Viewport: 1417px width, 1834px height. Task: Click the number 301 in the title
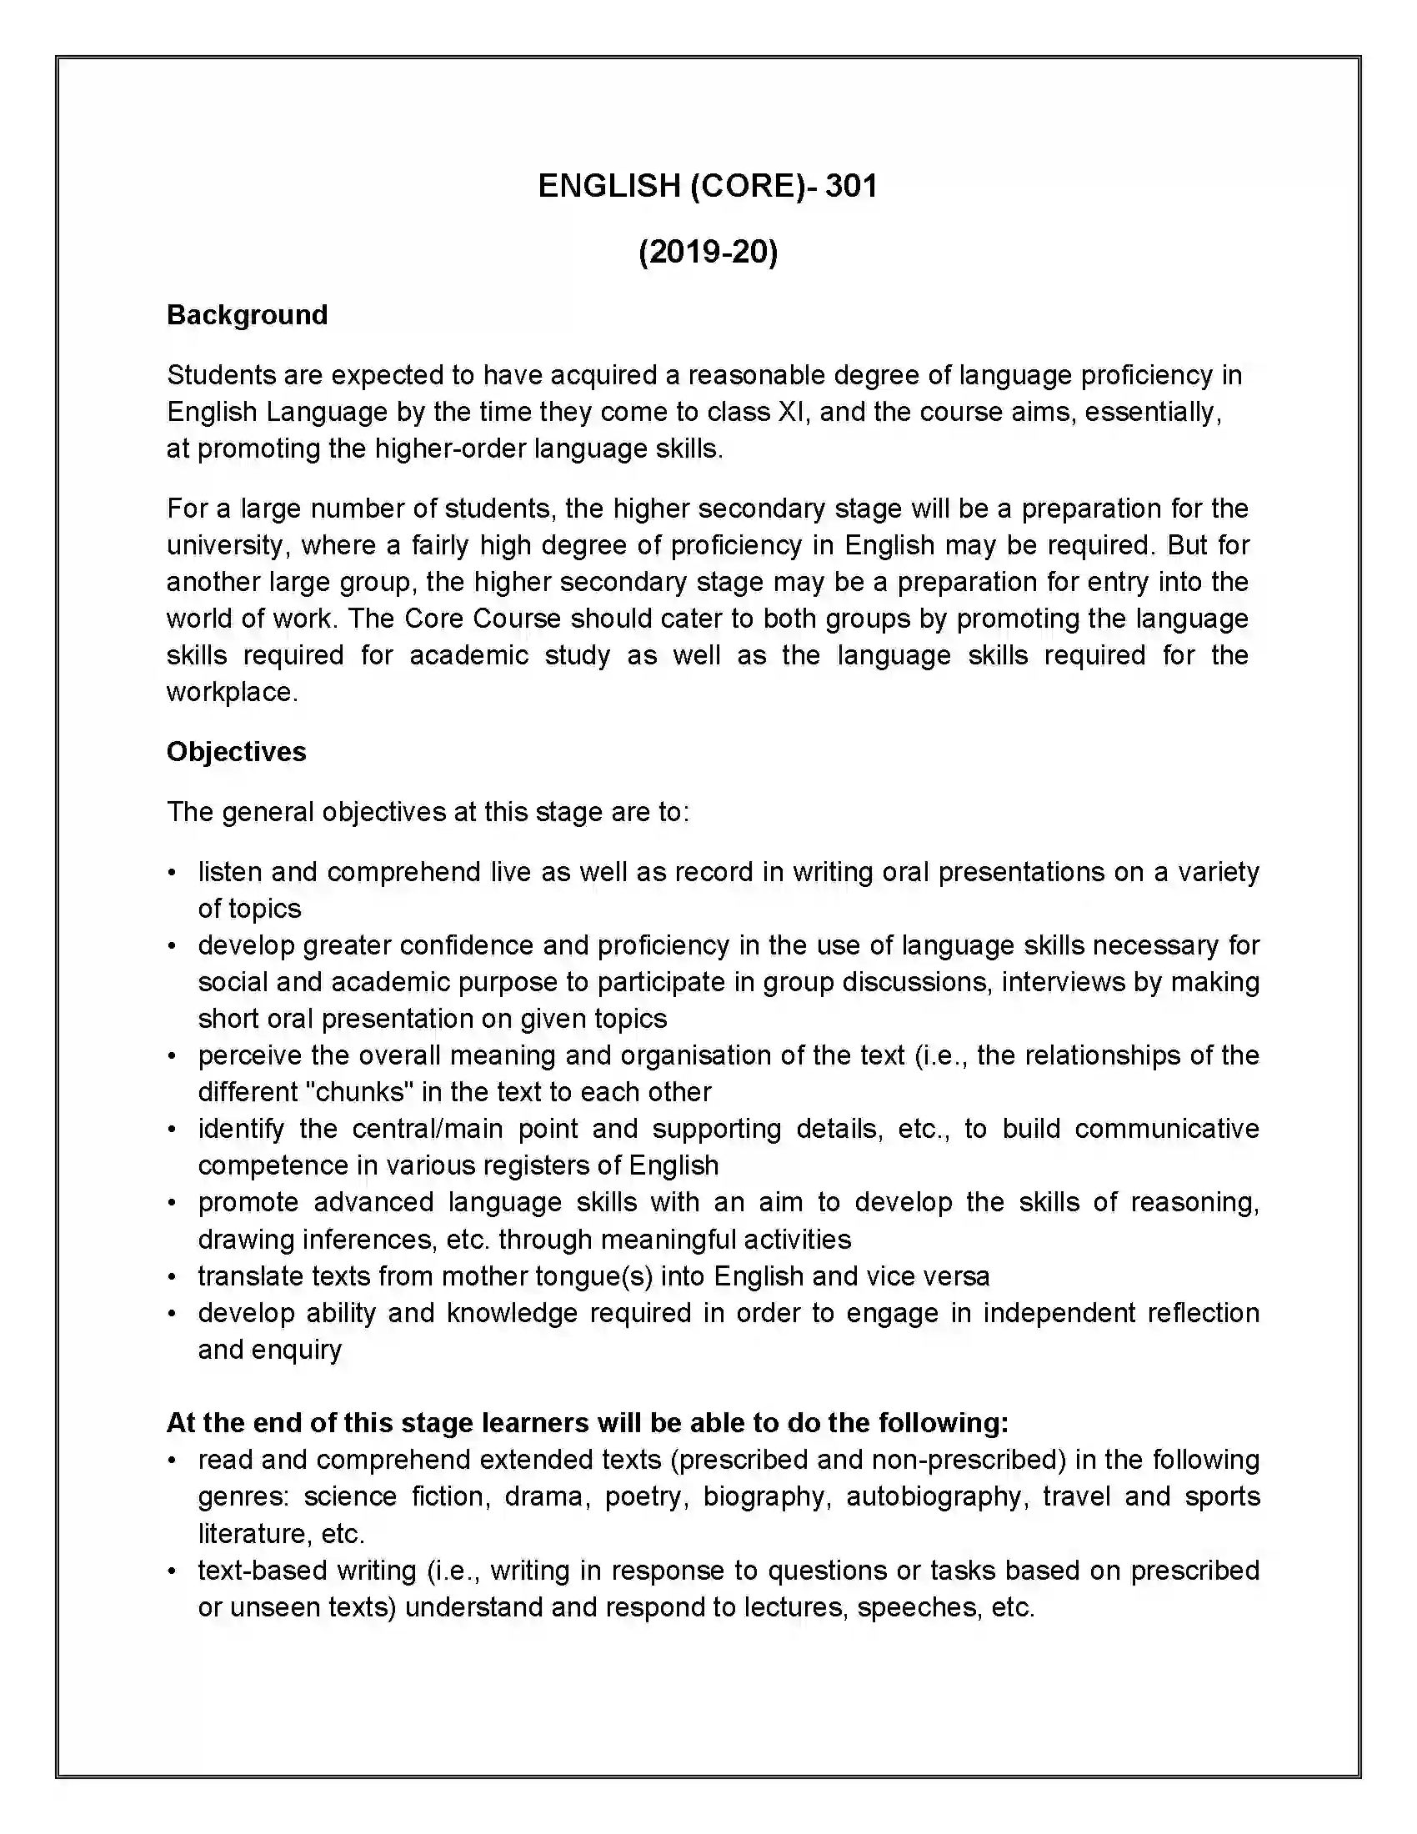tap(850, 186)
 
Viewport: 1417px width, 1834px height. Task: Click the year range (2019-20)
tap(708, 251)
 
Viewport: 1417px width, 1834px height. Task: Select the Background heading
tap(247, 315)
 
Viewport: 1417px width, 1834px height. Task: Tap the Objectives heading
tap(236, 752)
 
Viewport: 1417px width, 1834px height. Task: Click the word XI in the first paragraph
tap(794, 412)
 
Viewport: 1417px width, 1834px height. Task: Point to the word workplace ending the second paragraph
tap(231, 692)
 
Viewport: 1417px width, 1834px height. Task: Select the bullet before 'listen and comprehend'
tap(172, 873)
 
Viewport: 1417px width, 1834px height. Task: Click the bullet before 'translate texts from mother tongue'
tap(172, 1277)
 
